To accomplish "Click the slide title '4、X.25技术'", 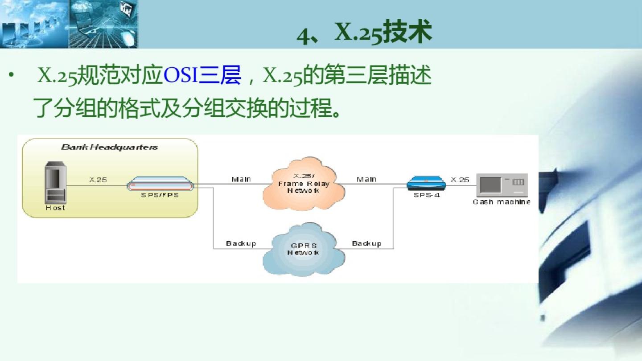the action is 364,32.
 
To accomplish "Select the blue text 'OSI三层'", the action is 202,75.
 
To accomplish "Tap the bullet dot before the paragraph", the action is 11,75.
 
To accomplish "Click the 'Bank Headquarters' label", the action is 110,147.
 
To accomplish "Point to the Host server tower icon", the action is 56,182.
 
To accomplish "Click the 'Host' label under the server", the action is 55,208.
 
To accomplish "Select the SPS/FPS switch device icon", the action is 160,184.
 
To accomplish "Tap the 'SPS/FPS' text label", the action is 160,195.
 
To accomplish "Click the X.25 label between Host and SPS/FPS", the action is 98,180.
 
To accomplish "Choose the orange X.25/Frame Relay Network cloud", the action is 304,183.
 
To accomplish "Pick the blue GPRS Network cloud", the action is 304,249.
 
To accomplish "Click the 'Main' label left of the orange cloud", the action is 241,179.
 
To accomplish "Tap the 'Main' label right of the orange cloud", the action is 366,179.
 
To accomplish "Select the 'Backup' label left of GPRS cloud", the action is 241,243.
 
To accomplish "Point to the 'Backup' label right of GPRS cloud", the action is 366,243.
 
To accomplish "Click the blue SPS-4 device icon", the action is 426,183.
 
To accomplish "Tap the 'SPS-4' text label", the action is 427,195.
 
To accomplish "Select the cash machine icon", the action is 502,185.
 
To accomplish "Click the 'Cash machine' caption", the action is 502,202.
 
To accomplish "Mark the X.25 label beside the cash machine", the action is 460,180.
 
